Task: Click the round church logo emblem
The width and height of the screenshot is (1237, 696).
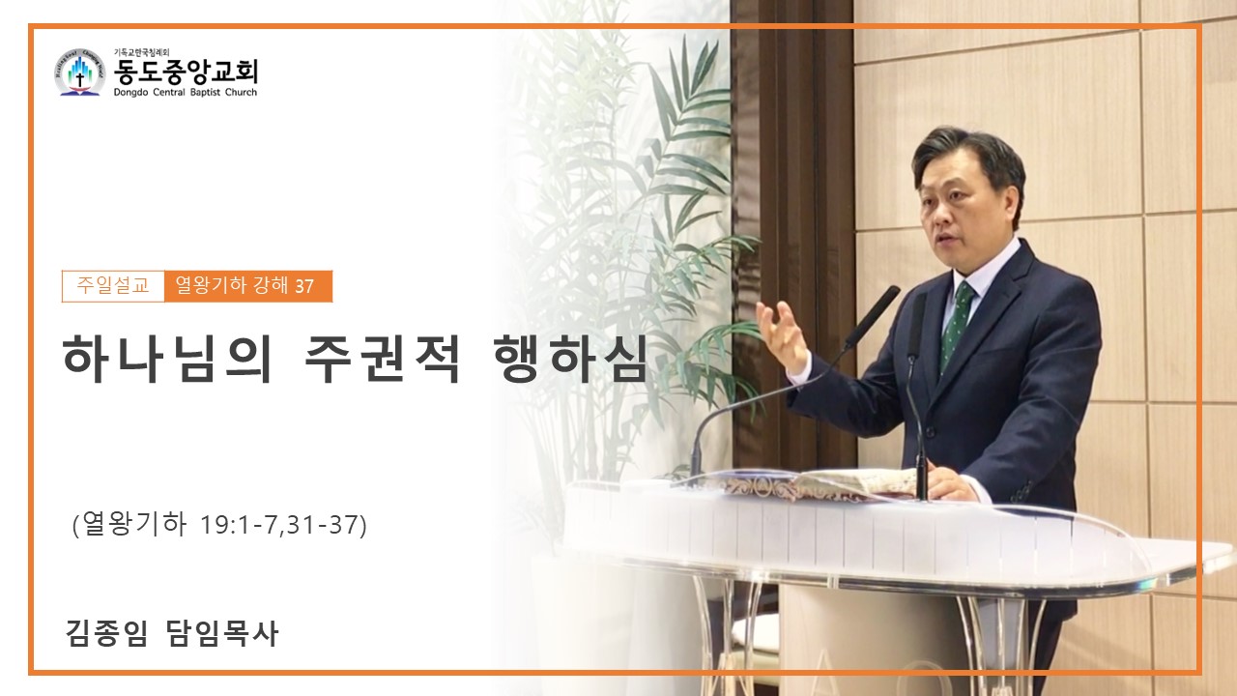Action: pos(80,72)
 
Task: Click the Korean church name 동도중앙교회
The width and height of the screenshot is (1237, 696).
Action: pos(187,72)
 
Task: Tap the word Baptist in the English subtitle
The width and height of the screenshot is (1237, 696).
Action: pos(206,92)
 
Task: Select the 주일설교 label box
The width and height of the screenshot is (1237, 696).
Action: pos(113,286)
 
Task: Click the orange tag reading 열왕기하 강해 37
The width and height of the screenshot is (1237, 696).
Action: pos(248,286)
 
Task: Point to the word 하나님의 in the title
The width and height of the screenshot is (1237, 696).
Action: pos(167,359)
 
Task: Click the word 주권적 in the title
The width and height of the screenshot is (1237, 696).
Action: pos(382,359)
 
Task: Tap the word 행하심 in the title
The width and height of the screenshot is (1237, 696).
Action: pos(571,359)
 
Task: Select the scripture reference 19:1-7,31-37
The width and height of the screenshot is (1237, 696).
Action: pos(283,524)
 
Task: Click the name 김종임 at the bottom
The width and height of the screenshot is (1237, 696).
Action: pos(107,633)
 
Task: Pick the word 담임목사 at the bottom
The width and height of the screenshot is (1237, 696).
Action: pos(222,633)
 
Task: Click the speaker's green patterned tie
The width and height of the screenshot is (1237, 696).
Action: pos(957,325)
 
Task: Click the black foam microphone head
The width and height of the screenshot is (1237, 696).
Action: pos(872,316)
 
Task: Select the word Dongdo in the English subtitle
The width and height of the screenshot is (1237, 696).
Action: pos(130,93)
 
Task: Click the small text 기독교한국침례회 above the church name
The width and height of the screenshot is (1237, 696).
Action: pos(141,52)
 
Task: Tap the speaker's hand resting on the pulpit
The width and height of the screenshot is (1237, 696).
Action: pos(949,482)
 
